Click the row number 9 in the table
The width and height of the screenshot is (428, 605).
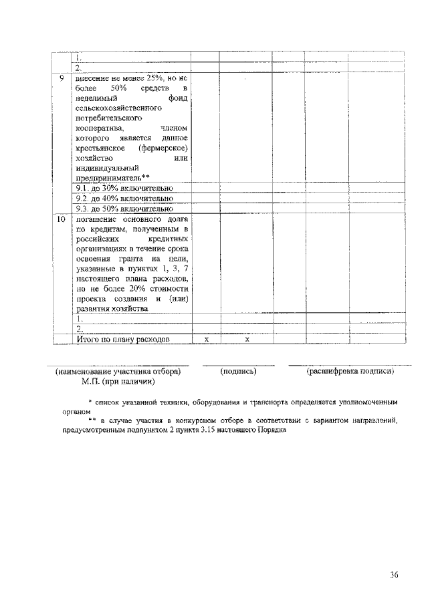62,79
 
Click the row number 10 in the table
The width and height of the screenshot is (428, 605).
62,219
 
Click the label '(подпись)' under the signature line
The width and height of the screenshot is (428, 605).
238,371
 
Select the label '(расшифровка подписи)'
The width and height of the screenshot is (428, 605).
350,371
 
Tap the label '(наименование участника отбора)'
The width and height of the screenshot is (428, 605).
118,371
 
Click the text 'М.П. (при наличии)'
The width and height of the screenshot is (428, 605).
118,382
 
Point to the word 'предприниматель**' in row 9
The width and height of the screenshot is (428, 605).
108,178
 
